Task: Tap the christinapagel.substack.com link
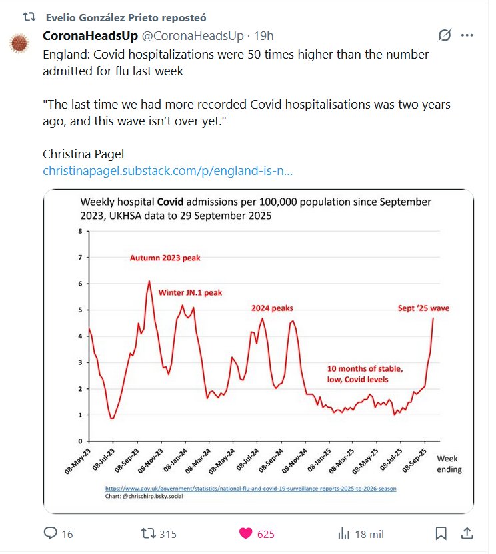point(167,171)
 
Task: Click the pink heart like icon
point(246,533)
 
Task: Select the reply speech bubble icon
point(50,533)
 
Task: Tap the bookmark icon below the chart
point(441,533)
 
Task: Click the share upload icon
point(467,533)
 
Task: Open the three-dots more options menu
point(467,35)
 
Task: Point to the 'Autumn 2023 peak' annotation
point(165,258)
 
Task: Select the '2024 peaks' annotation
point(272,308)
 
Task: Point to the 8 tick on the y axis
point(80,232)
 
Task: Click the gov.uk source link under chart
point(251,488)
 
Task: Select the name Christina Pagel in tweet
point(83,154)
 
